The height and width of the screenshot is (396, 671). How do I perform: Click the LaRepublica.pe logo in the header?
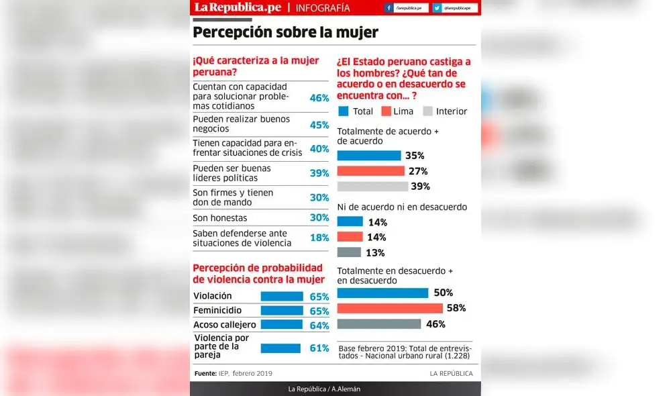tap(238, 7)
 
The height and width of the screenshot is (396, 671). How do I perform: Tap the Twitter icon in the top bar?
tap(437, 8)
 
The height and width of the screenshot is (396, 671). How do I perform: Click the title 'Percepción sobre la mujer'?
tap(285, 32)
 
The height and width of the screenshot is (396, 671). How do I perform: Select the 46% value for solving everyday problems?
tap(319, 98)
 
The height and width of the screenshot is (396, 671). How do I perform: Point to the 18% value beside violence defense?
tap(319, 238)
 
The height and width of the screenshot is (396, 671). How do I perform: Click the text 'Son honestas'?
tap(220, 218)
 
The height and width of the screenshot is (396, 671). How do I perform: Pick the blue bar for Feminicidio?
tap(282, 311)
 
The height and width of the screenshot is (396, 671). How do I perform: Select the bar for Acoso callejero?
tap(282, 325)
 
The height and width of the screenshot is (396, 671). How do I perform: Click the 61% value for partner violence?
tap(319, 348)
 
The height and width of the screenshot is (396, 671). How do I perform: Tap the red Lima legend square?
tap(386, 111)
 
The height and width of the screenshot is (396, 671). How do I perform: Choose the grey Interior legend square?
tap(427, 111)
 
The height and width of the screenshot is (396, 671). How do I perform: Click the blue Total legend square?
tap(344, 111)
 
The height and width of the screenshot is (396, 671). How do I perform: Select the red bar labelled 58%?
tap(390, 308)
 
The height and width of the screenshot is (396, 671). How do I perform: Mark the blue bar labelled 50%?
tap(382, 293)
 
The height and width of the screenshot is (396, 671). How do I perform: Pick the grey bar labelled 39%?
tap(372, 187)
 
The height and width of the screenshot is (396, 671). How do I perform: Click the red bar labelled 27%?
tap(370, 171)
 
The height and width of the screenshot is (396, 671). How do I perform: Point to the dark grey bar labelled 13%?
tap(349, 252)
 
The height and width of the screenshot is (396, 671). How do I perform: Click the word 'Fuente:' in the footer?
tap(205, 374)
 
